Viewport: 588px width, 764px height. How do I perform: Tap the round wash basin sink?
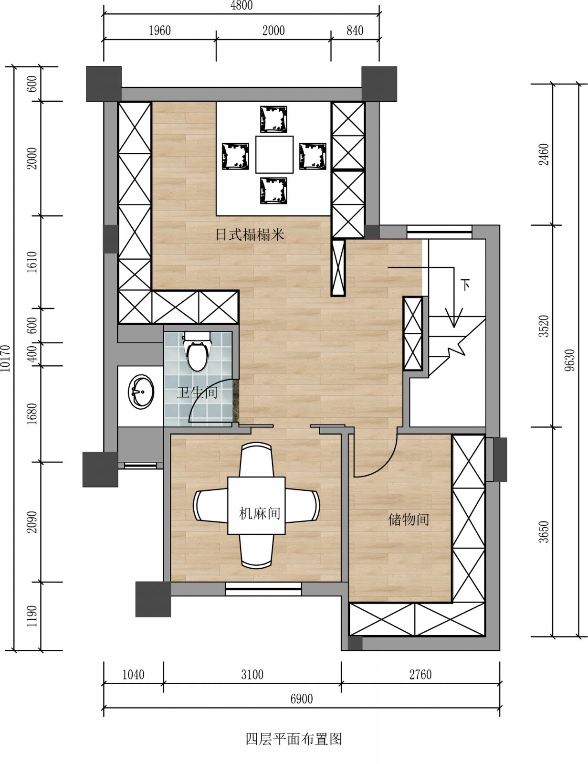141,392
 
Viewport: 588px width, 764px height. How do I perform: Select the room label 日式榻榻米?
250,234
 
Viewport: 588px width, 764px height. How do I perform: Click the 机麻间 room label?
260,514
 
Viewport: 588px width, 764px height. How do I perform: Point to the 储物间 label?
409,520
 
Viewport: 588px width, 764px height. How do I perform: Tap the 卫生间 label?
197,393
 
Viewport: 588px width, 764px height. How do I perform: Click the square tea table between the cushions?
274,154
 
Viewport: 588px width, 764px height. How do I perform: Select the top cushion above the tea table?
273,119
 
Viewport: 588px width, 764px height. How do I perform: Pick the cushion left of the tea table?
235,156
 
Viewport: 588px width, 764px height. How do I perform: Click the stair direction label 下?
466,285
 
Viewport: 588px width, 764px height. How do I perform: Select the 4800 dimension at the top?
241,6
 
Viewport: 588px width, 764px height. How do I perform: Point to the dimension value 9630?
570,360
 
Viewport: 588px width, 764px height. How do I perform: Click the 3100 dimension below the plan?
252,675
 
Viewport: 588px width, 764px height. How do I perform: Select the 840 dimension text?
355,31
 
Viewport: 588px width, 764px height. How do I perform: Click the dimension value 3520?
544,326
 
